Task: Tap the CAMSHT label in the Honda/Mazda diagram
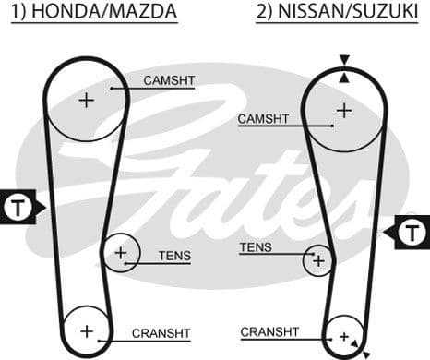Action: pyautogui.click(x=169, y=81)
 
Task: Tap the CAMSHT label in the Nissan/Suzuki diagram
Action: pyautogui.click(x=263, y=119)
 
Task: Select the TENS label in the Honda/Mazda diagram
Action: pyautogui.click(x=174, y=256)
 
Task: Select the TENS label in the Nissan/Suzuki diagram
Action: pyautogui.click(x=256, y=247)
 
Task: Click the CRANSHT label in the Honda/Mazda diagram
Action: pyautogui.click(x=161, y=333)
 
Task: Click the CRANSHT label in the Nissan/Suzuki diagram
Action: pyautogui.click(x=269, y=331)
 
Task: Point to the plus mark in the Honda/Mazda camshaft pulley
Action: pyautogui.click(x=86, y=100)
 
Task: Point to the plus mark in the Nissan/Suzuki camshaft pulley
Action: pyautogui.click(x=343, y=110)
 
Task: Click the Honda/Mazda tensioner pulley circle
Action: pyautogui.click(x=121, y=252)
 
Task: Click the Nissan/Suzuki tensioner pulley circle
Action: pyautogui.click(x=318, y=260)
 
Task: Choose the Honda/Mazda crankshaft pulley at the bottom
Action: pyautogui.click(x=87, y=330)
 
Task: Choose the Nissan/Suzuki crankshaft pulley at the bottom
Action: pyautogui.click(x=345, y=336)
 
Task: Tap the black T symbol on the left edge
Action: pyautogui.click(x=18, y=207)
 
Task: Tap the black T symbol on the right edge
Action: pyautogui.click(x=412, y=230)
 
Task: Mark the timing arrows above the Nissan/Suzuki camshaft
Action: pyautogui.click(x=343, y=67)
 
